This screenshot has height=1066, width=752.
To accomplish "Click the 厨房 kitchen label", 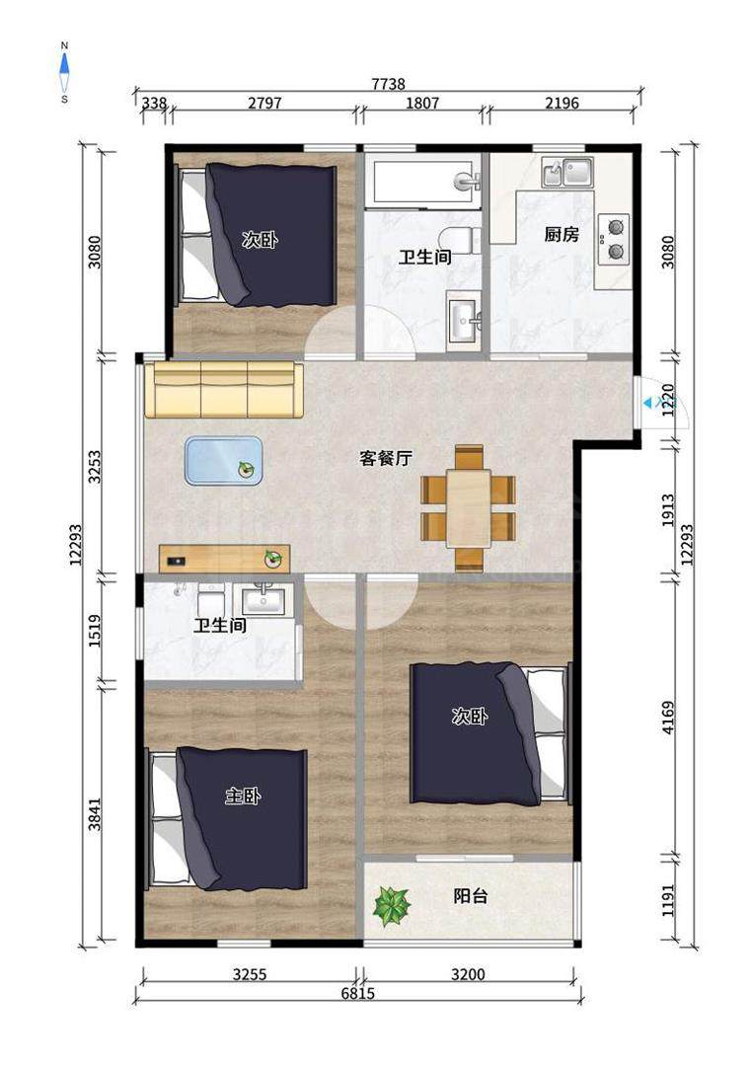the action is (x=562, y=235).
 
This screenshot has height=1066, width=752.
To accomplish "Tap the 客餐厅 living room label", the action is (x=386, y=458).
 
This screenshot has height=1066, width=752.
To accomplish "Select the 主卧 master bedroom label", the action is (x=243, y=797).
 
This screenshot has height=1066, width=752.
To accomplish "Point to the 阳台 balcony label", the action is (x=471, y=896).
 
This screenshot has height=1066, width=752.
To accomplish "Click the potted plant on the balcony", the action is (x=392, y=906).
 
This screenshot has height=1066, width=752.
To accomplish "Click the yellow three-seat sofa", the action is (x=224, y=390).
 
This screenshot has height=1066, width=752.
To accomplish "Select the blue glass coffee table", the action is (x=224, y=461).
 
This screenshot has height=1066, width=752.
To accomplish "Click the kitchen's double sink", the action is (x=567, y=172).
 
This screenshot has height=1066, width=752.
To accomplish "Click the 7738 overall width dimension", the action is (x=388, y=84).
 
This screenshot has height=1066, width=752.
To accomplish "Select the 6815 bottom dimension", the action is (x=357, y=993).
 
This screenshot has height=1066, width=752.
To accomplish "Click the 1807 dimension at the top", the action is (x=422, y=103).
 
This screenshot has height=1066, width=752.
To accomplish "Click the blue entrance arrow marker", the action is (x=646, y=404).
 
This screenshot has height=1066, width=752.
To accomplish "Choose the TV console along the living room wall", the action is (x=225, y=558).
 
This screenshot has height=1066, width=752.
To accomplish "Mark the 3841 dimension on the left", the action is (x=95, y=813).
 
